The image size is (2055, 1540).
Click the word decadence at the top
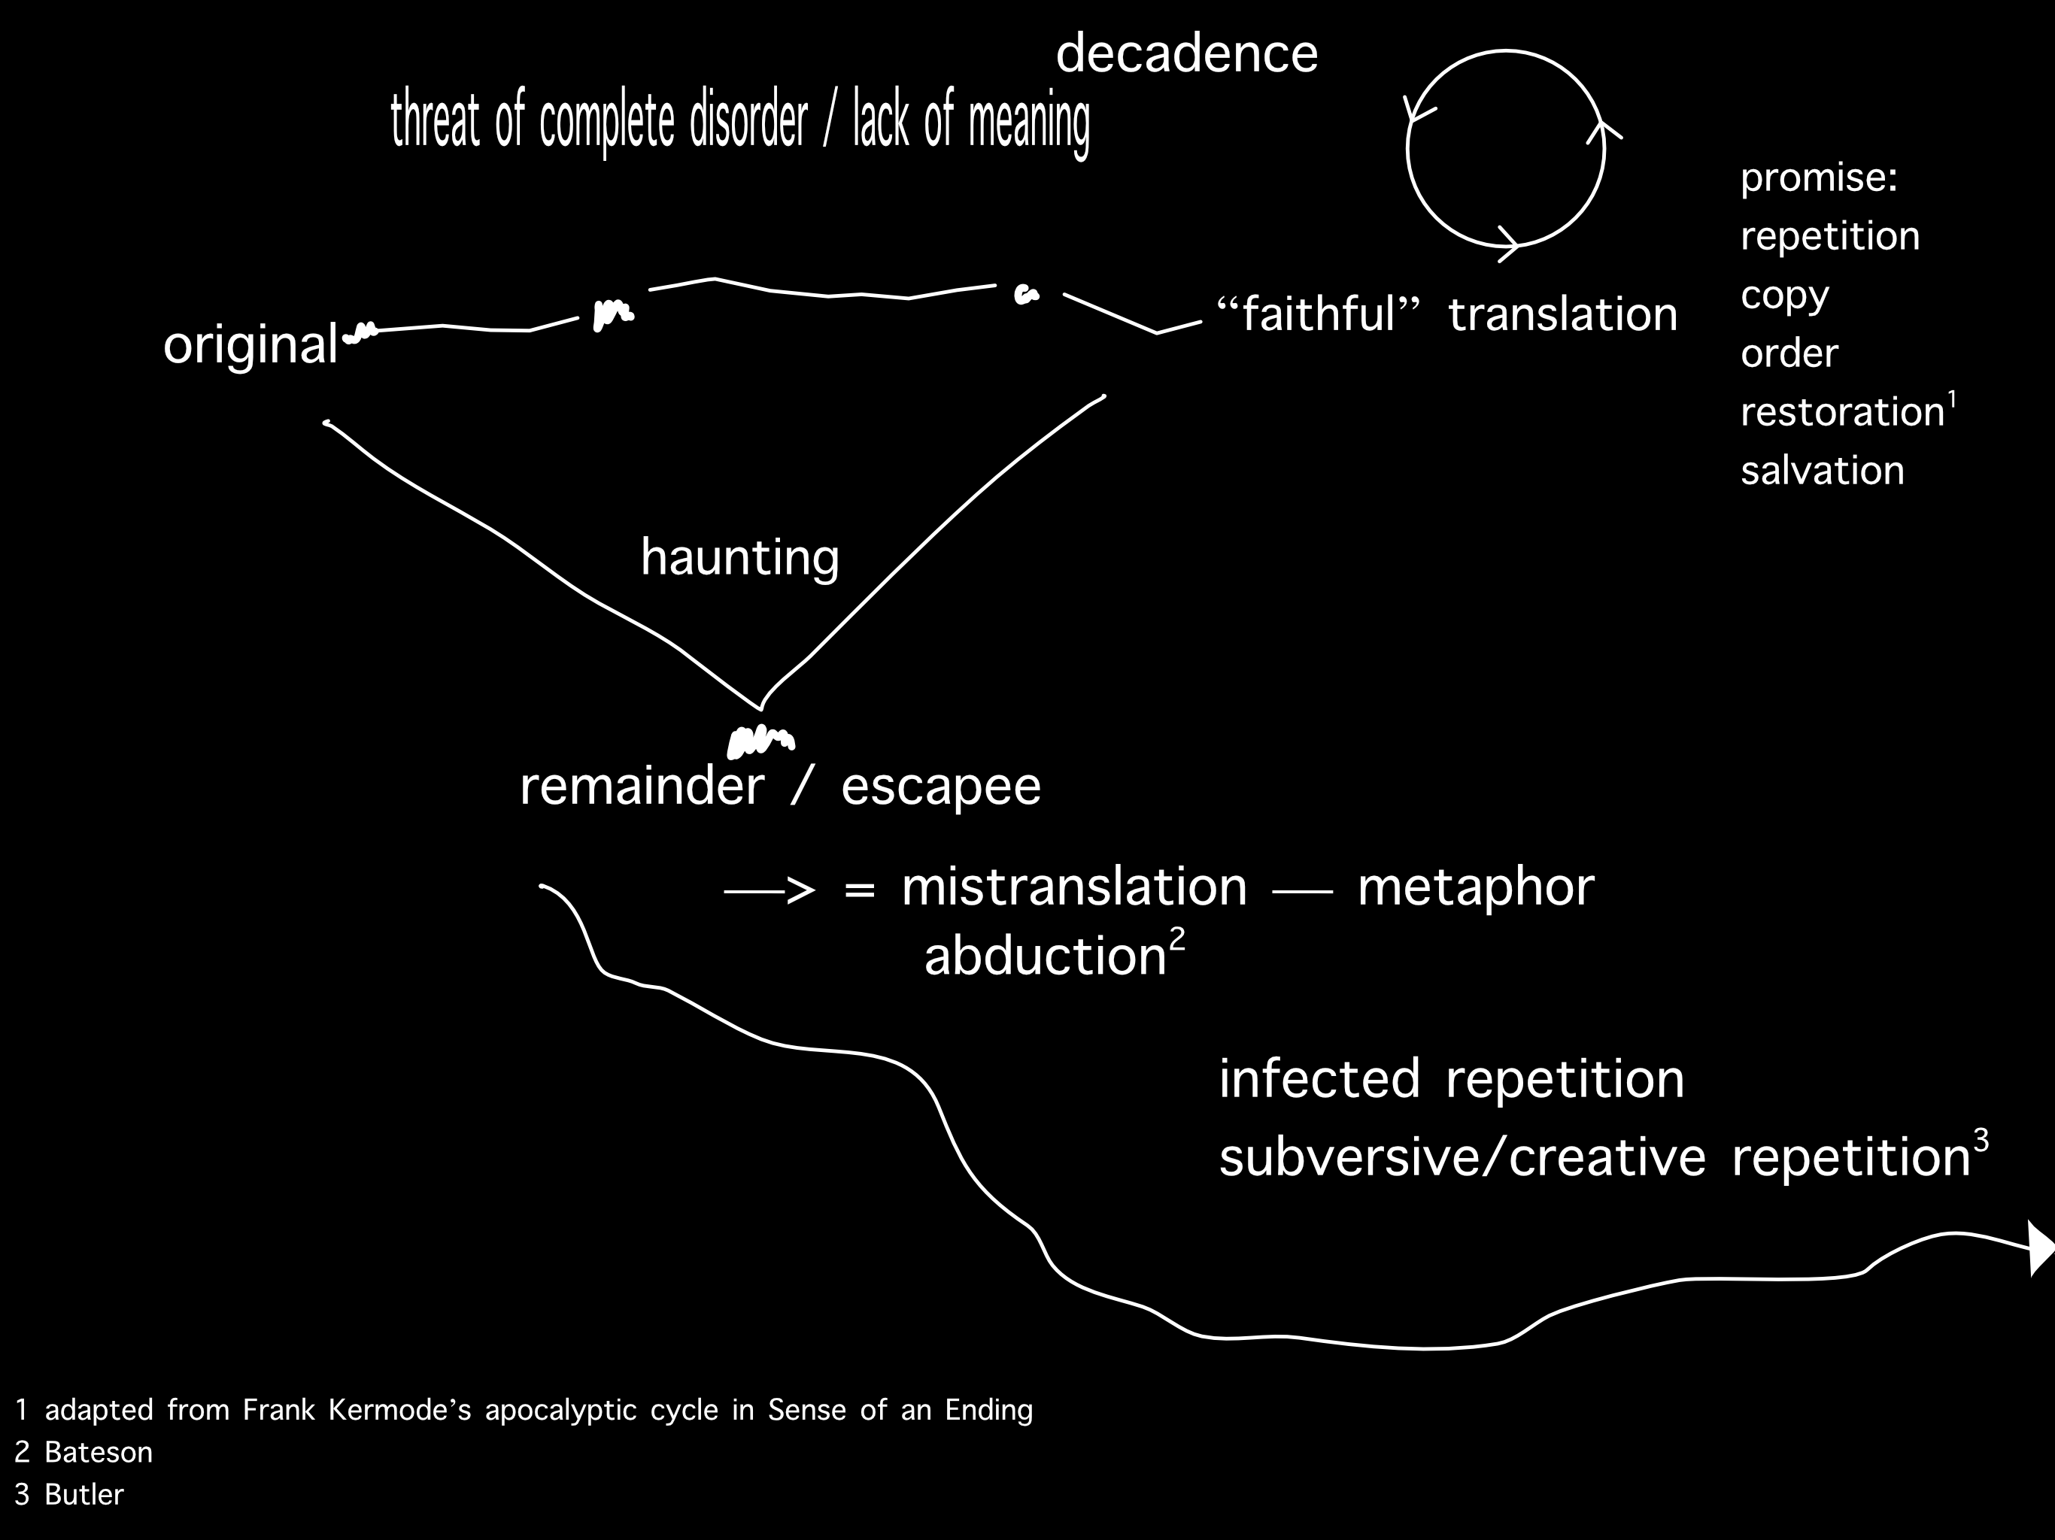click(x=1186, y=54)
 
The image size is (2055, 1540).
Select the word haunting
click(x=739, y=557)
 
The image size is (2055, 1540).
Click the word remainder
click(x=641, y=786)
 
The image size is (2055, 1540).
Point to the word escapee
click(x=940, y=786)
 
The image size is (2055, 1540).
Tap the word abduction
click(x=1044, y=956)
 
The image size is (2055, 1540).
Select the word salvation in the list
click(x=1822, y=470)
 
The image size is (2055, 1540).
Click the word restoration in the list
click(x=1842, y=411)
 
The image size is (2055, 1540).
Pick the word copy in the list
click(x=1783, y=296)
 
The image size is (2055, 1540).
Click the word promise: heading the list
click(x=1818, y=177)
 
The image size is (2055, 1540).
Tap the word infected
click(x=1319, y=1079)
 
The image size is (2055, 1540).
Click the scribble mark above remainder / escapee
click(x=760, y=740)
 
